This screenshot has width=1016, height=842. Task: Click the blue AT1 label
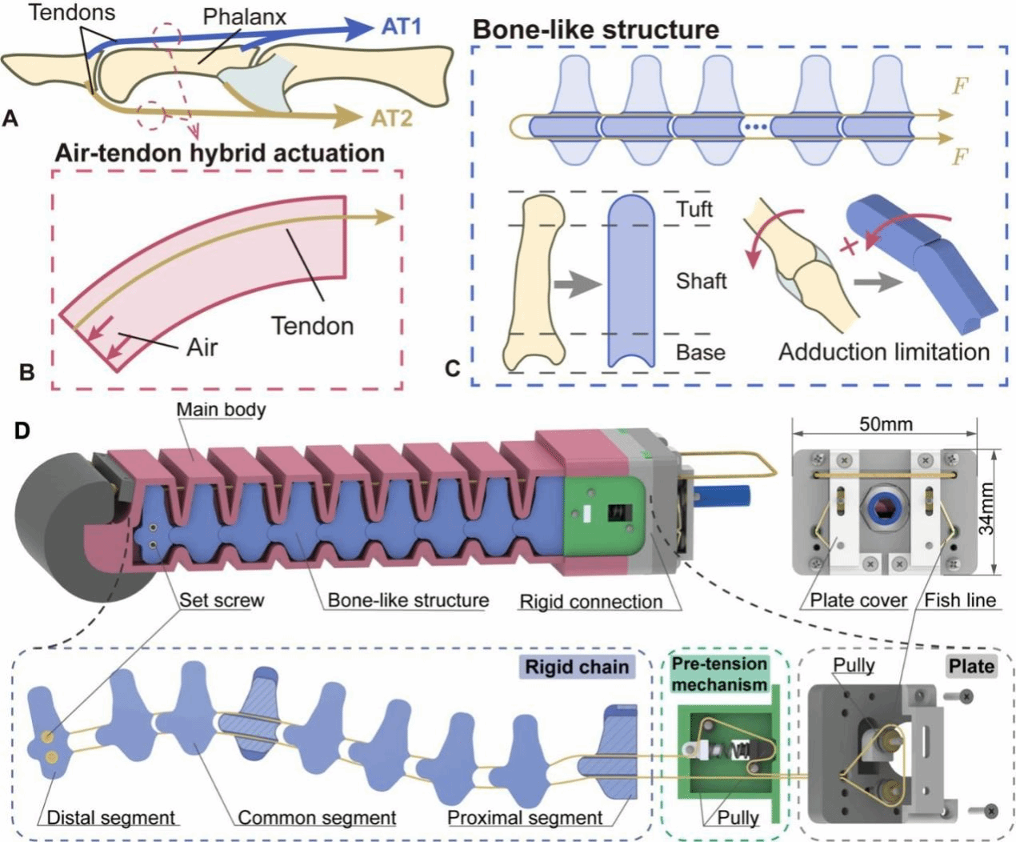(x=401, y=26)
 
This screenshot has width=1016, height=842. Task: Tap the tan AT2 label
(x=391, y=118)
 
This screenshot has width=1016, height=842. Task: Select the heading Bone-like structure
(x=596, y=30)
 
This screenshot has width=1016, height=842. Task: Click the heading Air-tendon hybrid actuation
(x=219, y=153)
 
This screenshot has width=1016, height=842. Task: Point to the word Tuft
(x=694, y=210)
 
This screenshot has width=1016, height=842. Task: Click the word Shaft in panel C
(x=701, y=281)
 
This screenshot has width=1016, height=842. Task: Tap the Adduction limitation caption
(x=884, y=352)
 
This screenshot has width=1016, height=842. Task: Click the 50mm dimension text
(x=886, y=423)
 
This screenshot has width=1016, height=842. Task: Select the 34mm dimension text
(x=987, y=508)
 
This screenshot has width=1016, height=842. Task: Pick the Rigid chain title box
(x=577, y=667)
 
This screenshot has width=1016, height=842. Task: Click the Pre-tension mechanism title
(x=719, y=674)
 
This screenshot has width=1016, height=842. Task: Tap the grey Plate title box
(x=971, y=666)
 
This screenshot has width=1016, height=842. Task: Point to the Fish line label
(x=960, y=600)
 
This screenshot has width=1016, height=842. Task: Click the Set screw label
(x=222, y=600)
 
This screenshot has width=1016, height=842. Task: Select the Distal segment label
(x=110, y=817)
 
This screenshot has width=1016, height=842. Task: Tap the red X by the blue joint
(x=848, y=246)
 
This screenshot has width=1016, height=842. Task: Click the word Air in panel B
(x=202, y=347)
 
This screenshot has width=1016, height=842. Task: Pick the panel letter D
(x=22, y=431)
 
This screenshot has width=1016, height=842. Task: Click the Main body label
(x=221, y=410)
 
